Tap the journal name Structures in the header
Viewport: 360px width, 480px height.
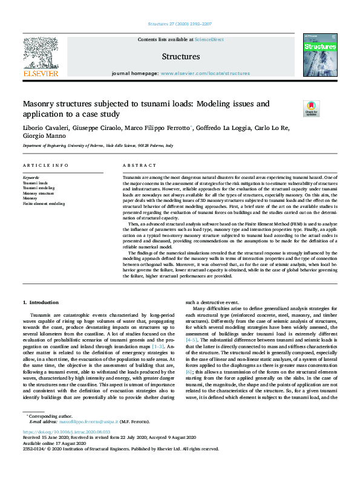click(x=181, y=57)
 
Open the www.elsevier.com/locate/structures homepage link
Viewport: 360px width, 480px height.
click(x=205, y=73)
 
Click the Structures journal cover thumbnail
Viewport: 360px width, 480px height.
click(x=319, y=55)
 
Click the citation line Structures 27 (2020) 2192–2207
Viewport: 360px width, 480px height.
click(x=180, y=24)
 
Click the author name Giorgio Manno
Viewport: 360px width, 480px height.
click(x=42, y=137)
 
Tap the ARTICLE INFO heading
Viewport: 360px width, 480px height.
click(x=45, y=165)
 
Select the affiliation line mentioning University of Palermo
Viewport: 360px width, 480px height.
click(x=98, y=146)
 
